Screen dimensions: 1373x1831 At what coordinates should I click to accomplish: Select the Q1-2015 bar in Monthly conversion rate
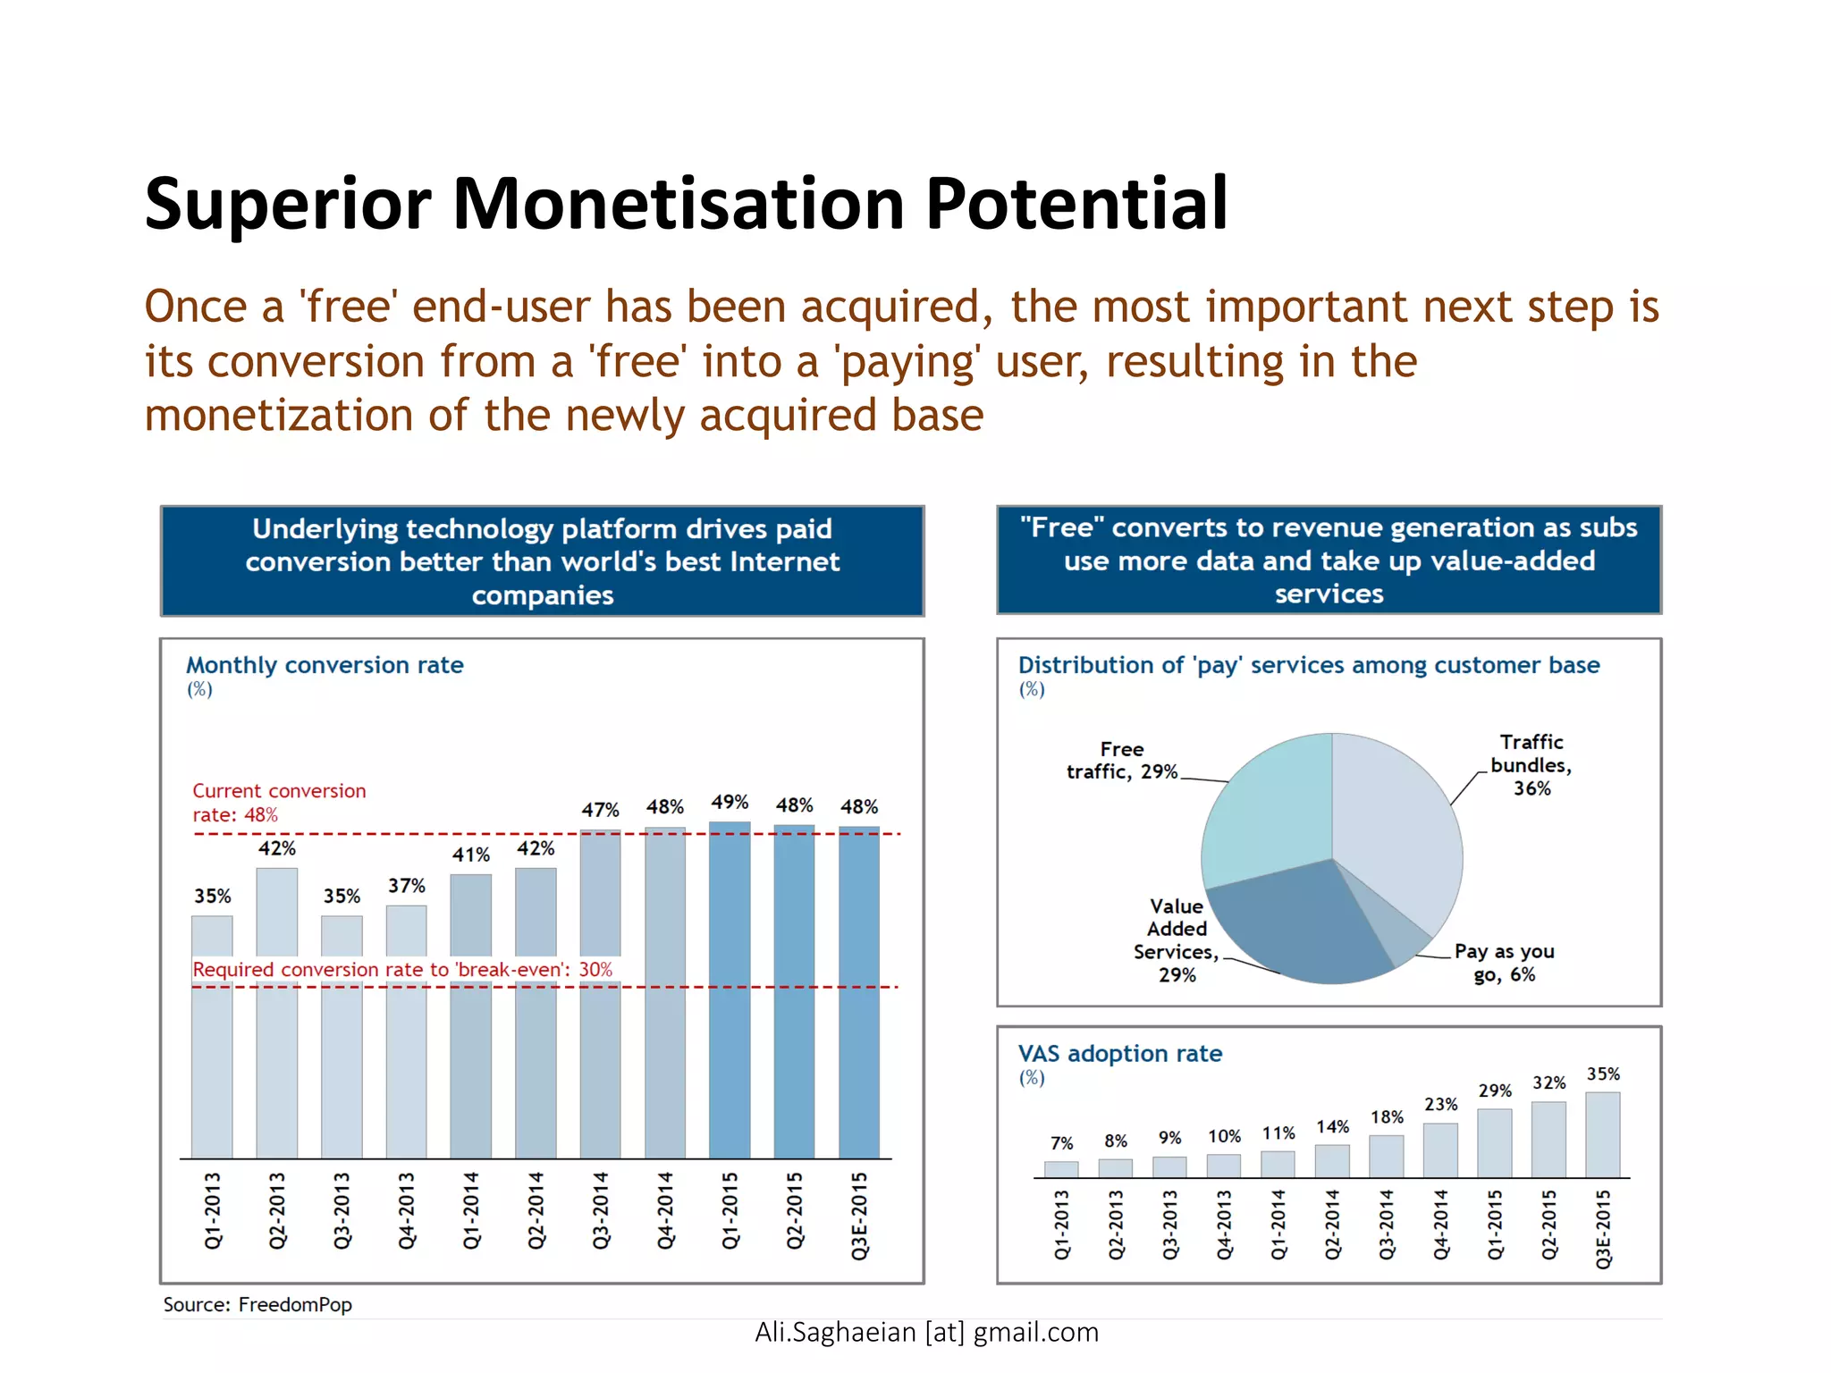point(730,992)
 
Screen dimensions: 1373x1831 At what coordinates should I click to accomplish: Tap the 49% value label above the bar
point(730,802)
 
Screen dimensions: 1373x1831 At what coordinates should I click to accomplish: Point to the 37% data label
point(406,886)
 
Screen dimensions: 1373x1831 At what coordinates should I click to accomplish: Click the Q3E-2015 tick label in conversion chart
point(859,1216)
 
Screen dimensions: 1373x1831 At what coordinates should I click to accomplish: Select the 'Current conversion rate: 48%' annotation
point(279,803)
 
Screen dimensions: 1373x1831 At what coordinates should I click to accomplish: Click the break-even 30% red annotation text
point(402,970)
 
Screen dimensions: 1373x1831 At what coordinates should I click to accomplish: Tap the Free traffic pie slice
point(1270,813)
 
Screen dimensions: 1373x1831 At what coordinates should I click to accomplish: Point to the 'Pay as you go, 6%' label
point(1504,963)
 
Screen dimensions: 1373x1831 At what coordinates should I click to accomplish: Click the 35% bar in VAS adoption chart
point(1602,1135)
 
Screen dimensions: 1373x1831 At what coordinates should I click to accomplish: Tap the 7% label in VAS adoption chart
point(1061,1143)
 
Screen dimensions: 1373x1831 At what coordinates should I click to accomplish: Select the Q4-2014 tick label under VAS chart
point(1440,1225)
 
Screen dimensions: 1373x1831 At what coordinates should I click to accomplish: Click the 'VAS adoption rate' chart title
point(1119,1054)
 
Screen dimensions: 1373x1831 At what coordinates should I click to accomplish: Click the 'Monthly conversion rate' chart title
point(325,665)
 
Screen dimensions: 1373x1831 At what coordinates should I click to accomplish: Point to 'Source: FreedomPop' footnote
point(257,1304)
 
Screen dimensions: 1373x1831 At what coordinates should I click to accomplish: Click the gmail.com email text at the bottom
point(926,1332)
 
